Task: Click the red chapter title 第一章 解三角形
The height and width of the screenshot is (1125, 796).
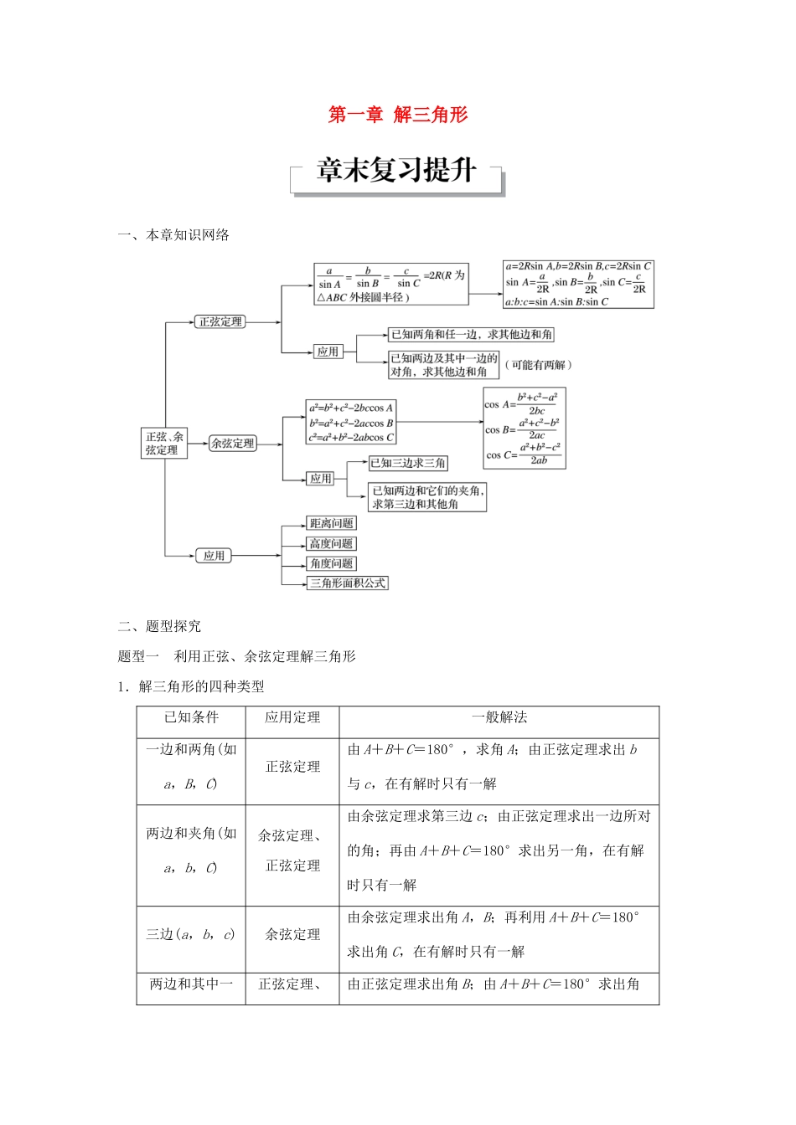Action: pyautogui.click(x=397, y=116)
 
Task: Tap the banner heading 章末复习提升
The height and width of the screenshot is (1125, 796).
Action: pyautogui.click(x=396, y=171)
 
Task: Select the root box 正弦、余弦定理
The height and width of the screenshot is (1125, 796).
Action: pyautogui.click(x=164, y=443)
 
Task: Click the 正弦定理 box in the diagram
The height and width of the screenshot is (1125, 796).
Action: pyautogui.click(x=220, y=321)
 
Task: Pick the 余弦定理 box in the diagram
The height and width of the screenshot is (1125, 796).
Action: pyautogui.click(x=232, y=444)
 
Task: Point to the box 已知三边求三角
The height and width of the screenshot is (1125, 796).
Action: pyautogui.click(x=408, y=463)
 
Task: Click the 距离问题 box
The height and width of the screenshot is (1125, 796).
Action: pyautogui.click(x=332, y=523)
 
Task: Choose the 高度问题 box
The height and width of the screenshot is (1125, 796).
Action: pyautogui.click(x=332, y=543)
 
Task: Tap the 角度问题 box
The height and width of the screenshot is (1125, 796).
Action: pyautogui.click(x=332, y=563)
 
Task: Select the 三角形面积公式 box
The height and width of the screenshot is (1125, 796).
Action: pyautogui.click(x=348, y=583)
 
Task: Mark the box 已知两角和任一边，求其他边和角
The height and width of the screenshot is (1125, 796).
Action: pyautogui.click(x=471, y=334)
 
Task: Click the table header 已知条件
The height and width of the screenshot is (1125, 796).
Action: pyautogui.click(x=191, y=717)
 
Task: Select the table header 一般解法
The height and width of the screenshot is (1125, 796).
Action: pyautogui.click(x=499, y=717)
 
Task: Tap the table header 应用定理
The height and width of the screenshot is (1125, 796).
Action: pyautogui.click(x=292, y=717)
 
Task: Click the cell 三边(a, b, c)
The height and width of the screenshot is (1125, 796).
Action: pyautogui.click(x=191, y=934)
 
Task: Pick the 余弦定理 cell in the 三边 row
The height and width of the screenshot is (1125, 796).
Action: pyautogui.click(x=292, y=934)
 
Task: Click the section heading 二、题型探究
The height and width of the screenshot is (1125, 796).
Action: pyautogui.click(x=159, y=626)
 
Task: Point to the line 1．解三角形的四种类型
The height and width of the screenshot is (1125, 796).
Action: pyautogui.click(x=191, y=686)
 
